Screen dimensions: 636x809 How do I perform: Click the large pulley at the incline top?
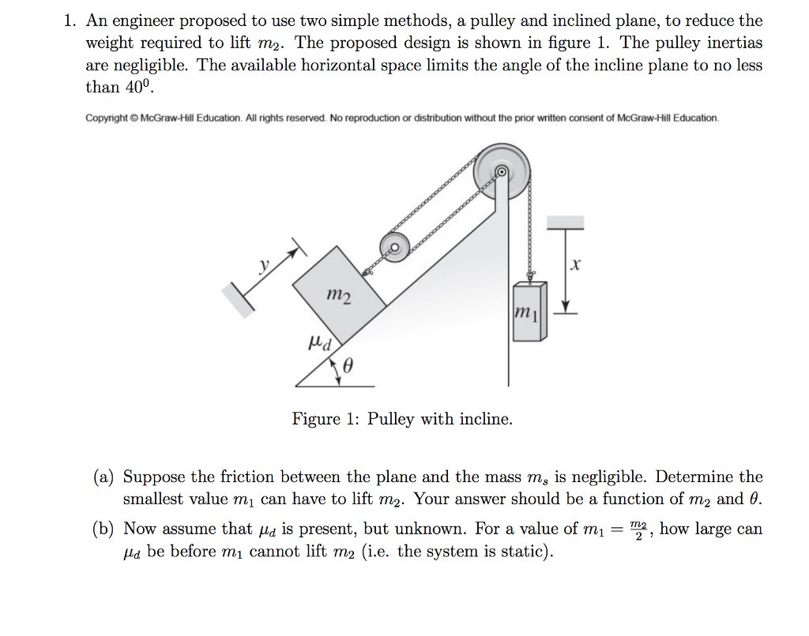pyautogui.click(x=502, y=171)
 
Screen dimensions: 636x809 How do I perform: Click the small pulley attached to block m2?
pyautogui.click(x=393, y=247)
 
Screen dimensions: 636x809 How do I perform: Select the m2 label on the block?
pyautogui.click(x=339, y=297)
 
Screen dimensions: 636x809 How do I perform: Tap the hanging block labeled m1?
pyautogui.click(x=529, y=311)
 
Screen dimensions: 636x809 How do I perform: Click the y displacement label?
pyautogui.click(x=265, y=265)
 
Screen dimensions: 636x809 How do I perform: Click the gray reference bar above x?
pyautogui.click(x=564, y=223)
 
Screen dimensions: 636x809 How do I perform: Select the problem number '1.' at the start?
pyautogui.click(x=70, y=21)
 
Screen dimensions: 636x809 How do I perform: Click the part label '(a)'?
pyautogui.click(x=104, y=477)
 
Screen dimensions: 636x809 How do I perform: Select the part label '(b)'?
pyautogui.click(x=104, y=529)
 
